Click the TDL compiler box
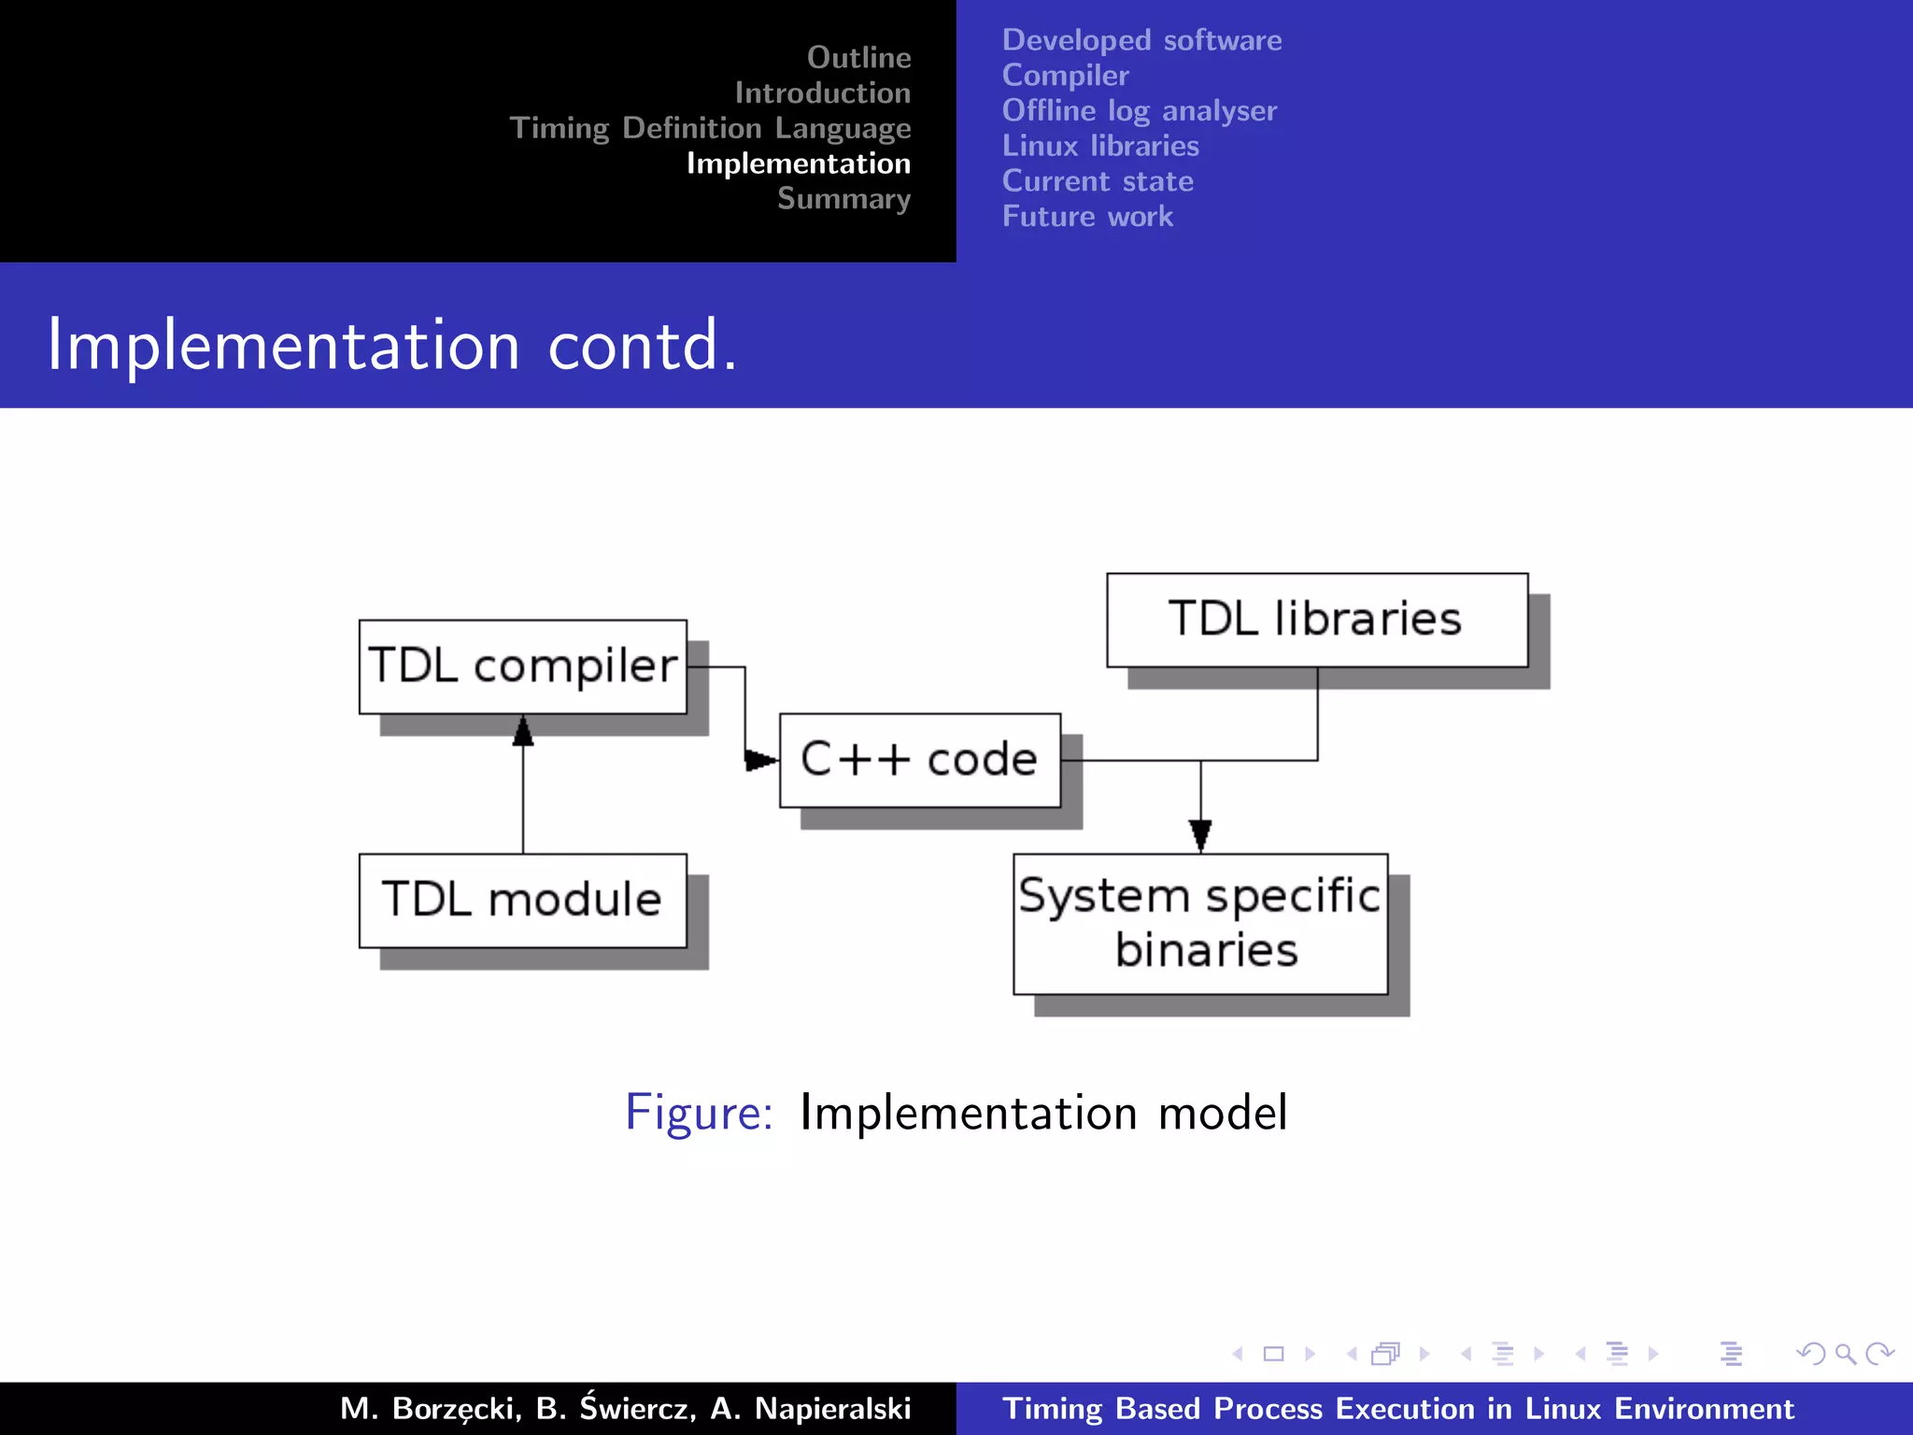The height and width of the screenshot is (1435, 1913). [522, 666]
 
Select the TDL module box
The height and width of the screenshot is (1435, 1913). [522, 900]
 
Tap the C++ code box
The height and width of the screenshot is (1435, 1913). [919, 760]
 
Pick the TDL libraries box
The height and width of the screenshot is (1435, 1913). [1316, 619]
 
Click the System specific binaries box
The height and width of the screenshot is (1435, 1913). [1200, 923]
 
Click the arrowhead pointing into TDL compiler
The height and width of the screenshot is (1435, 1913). [523, 732]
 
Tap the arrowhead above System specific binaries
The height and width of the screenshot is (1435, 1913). [1200, 834]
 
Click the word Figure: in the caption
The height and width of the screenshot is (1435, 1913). [699, 1113]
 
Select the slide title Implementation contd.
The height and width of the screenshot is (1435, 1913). [392, 345]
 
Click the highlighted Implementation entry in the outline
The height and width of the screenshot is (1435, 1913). [799, 163]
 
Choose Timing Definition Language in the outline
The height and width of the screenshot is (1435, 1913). [710, 128]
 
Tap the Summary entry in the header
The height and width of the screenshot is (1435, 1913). [843, 199]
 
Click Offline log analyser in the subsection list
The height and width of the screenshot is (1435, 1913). [1139, 110]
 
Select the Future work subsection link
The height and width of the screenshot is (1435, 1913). [1087, 217]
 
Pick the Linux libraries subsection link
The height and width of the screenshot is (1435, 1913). [1100, 146]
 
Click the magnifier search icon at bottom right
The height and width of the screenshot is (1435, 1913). [1845, 1354]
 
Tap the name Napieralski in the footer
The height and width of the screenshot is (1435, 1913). [831, 1408]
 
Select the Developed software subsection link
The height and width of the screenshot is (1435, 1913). [1141, 40]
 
